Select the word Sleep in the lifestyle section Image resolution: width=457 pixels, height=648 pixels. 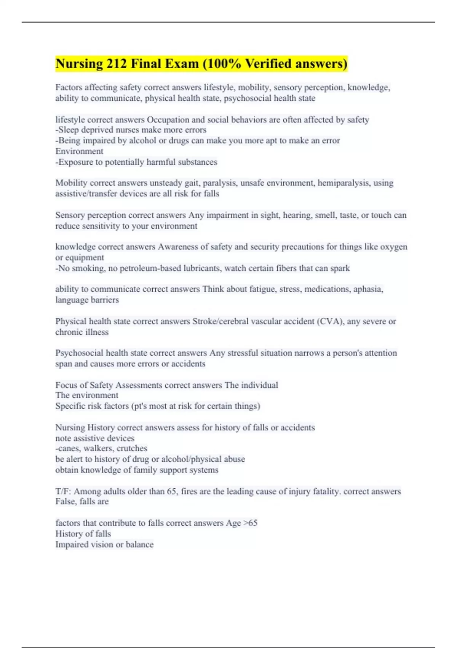pyautogui.click(x=69, y=130)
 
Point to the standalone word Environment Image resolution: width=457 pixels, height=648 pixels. pyautogui.click(x=79, y=151)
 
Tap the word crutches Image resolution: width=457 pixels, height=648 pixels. pyautogui.click(x=132, y=448)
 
